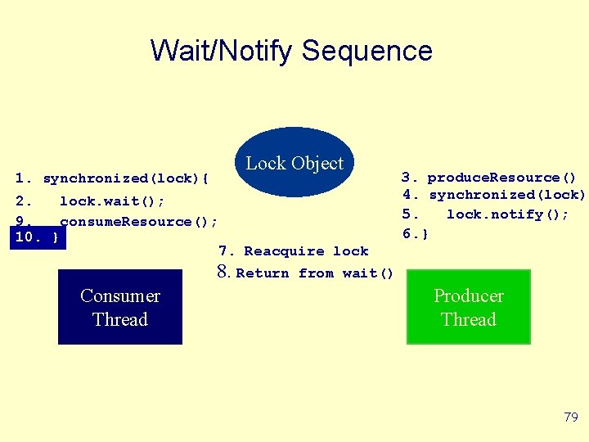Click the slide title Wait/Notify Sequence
tap(291, 51)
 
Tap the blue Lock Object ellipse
tap(294, 162)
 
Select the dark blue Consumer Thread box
tap(120, 308)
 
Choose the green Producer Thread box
tap(469, 308)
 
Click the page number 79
tap(571, 417)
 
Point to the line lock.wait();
tap(111, 201)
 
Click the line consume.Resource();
tap(138, 222)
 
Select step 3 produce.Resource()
tap(488, 178)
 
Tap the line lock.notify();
tap(506, 214)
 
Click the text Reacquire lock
tap(306, 251)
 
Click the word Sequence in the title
tap(366, 51)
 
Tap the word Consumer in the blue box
tap(120, 296)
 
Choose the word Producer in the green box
tap(469, 296)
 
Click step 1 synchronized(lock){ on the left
tap(113, 178)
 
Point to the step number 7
tap(226, 251)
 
